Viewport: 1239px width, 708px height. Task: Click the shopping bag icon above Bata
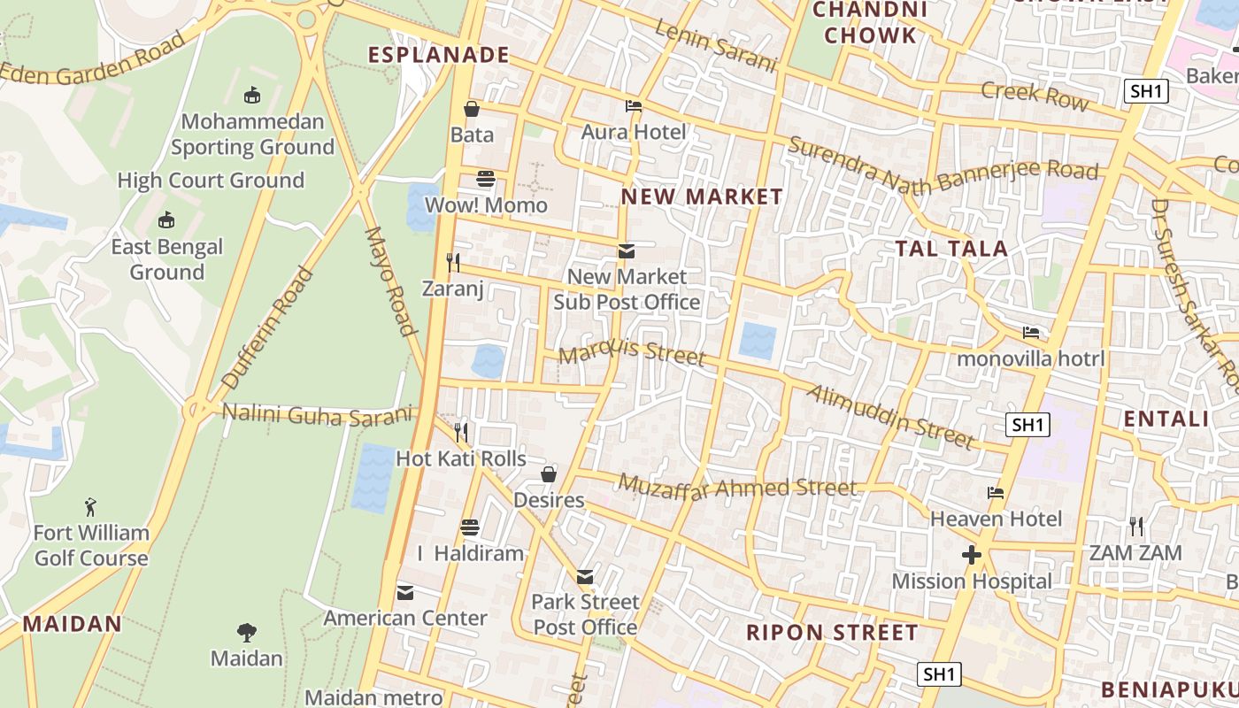tap(472, 109)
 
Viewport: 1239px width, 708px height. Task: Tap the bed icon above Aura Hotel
tap(634, 106)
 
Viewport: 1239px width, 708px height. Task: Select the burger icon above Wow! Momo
tap(485, 179)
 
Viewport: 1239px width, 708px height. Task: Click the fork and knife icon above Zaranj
tap(453, 262)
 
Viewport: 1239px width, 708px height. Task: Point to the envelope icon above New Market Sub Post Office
tap(627, 251)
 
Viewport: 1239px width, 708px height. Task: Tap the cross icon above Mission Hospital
tap(972, 555)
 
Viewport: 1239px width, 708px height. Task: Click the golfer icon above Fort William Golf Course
tap(90, 507)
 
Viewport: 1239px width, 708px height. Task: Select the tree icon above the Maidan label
tap(247, 632)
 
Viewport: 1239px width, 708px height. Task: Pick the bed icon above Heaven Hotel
tap(996, 493)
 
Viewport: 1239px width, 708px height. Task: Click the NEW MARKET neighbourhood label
tap(702, 196)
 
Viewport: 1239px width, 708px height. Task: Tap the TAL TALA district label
tap(951, 249)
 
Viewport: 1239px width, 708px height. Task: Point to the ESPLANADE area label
tap(439, 55)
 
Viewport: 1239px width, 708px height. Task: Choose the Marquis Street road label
tap(633, 353)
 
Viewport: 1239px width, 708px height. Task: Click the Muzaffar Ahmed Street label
tap(737, 486)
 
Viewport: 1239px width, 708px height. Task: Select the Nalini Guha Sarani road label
tap(318, 414)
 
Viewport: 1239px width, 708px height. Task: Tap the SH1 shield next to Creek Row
tap(1147, 90)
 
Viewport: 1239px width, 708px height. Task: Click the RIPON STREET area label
tap(832, 633)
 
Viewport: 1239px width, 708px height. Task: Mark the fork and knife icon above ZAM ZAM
tap(1136, 527)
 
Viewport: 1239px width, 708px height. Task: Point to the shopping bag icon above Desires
tap(549, 474)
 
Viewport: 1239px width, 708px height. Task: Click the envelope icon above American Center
tap(405, 592)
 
